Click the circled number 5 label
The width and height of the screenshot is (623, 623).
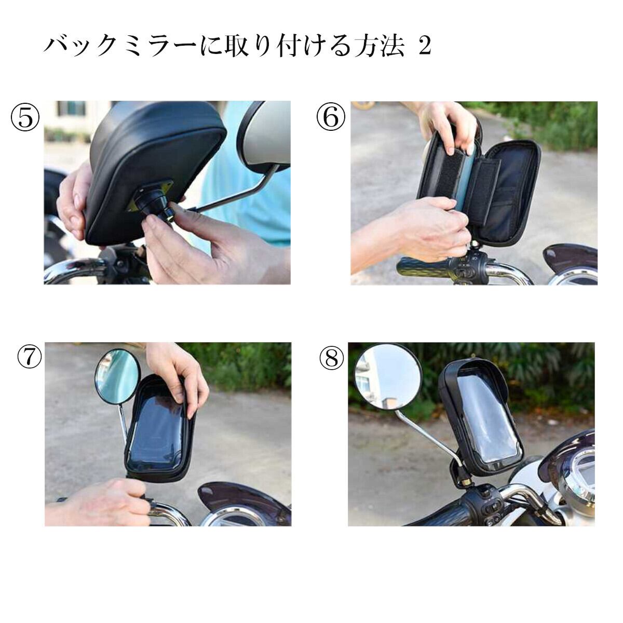[x=25, y=118]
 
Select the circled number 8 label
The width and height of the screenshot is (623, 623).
[x=331, y=359]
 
